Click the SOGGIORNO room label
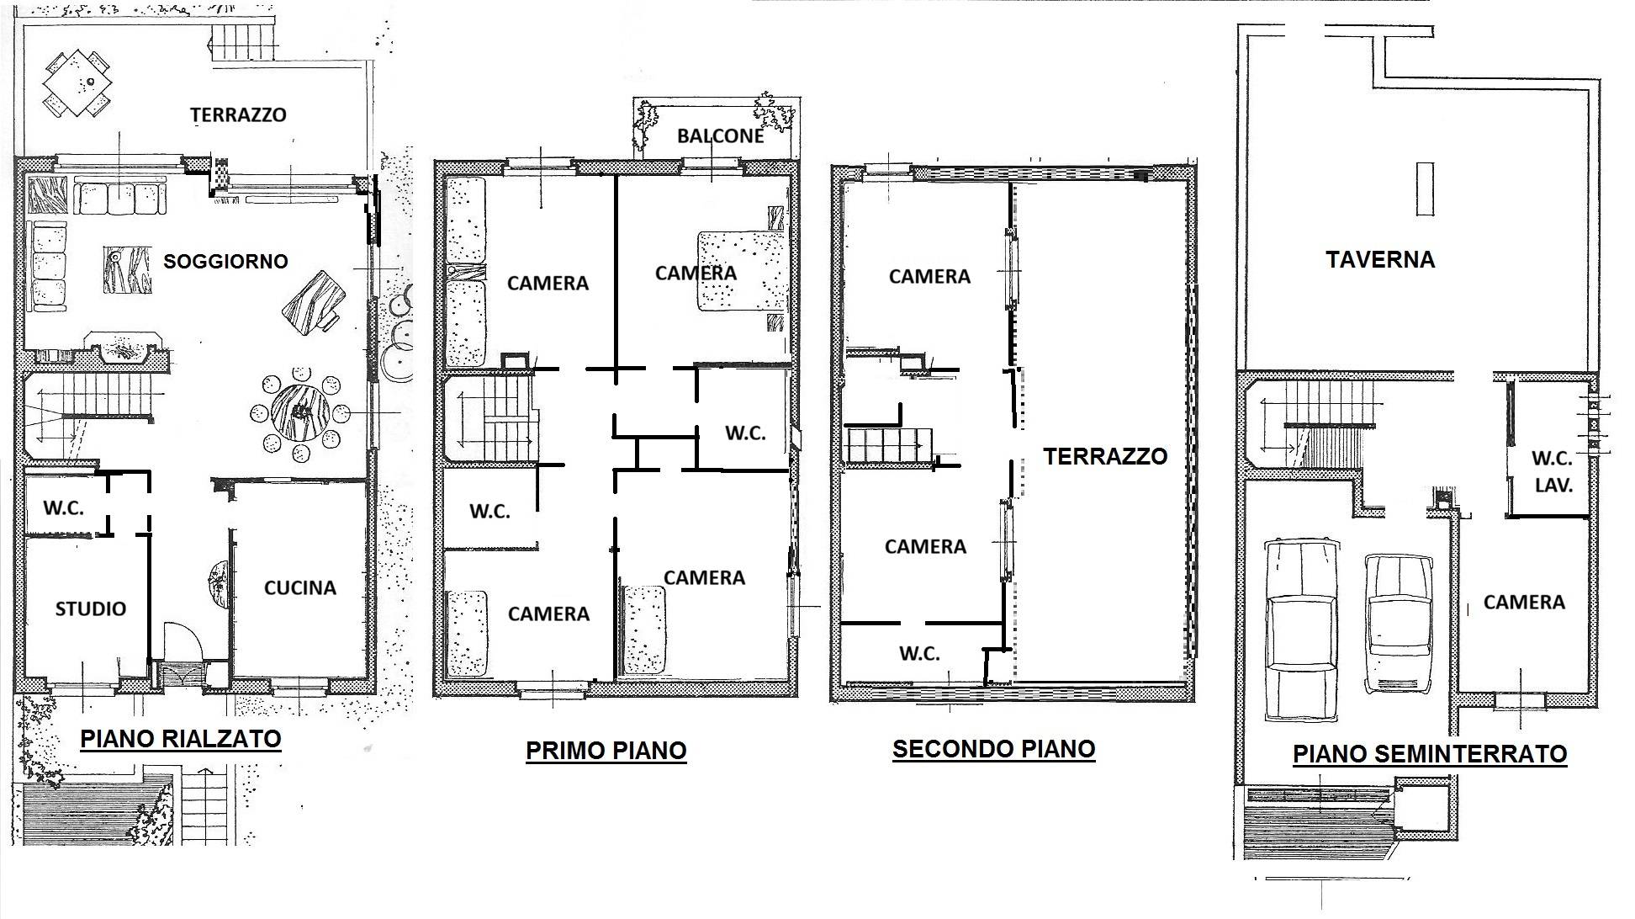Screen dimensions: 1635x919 (225, 261)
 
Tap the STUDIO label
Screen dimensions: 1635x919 (91, 608)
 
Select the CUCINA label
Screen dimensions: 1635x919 (300, 587)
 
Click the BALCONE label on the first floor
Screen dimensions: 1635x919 (721, 135)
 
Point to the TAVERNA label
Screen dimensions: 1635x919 (1380, 259)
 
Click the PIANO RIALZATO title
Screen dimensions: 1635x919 (181, 739)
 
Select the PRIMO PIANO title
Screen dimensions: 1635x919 (606, 750)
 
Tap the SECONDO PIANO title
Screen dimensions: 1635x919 (994, 748)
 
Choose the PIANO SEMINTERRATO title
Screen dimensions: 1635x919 (1430, 753)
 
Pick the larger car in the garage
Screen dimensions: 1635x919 (1301, 629)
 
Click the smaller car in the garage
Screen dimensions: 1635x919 (1399, 624)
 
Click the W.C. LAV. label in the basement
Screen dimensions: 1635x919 (1553, 471)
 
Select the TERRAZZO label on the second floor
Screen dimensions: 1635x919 (1105, 456)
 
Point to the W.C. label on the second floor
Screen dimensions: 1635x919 (919, 653)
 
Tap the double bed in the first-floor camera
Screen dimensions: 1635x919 (741, 272)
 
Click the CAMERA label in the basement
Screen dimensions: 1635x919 (1524, 602)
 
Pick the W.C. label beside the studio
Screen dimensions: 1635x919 (64, 508)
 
